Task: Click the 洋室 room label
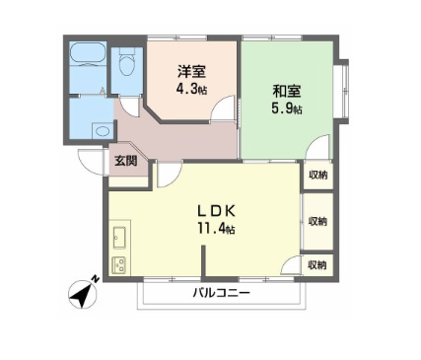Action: pyautogui.click(x=191, y=72)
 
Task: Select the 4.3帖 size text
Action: pyautogui.click(x=191, y=90)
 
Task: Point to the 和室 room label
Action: pyautogui.click(x=287, y=90)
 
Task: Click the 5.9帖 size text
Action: pyautogui.click(x=287, y=108)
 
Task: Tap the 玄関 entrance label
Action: pyautogui.click(x=124, y=161)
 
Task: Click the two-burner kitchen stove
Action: pyautogui.click(x=119, y=264)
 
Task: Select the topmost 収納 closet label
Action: pyautogui.click(x=318, y=175)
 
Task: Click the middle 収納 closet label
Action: pyautogui.click(x=318, y=221)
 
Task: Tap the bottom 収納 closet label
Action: pyautogui.click(x=317, y=264)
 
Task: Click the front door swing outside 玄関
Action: pyautogui.click(x=93, y=165)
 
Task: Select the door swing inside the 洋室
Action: pyautogui.click(x=227, y=110)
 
